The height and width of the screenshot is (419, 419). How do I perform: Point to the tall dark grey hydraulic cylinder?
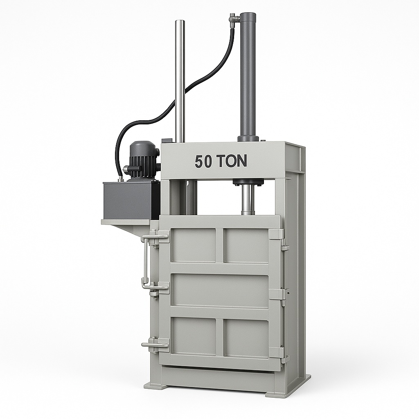249,76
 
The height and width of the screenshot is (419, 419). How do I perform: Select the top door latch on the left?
155,237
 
